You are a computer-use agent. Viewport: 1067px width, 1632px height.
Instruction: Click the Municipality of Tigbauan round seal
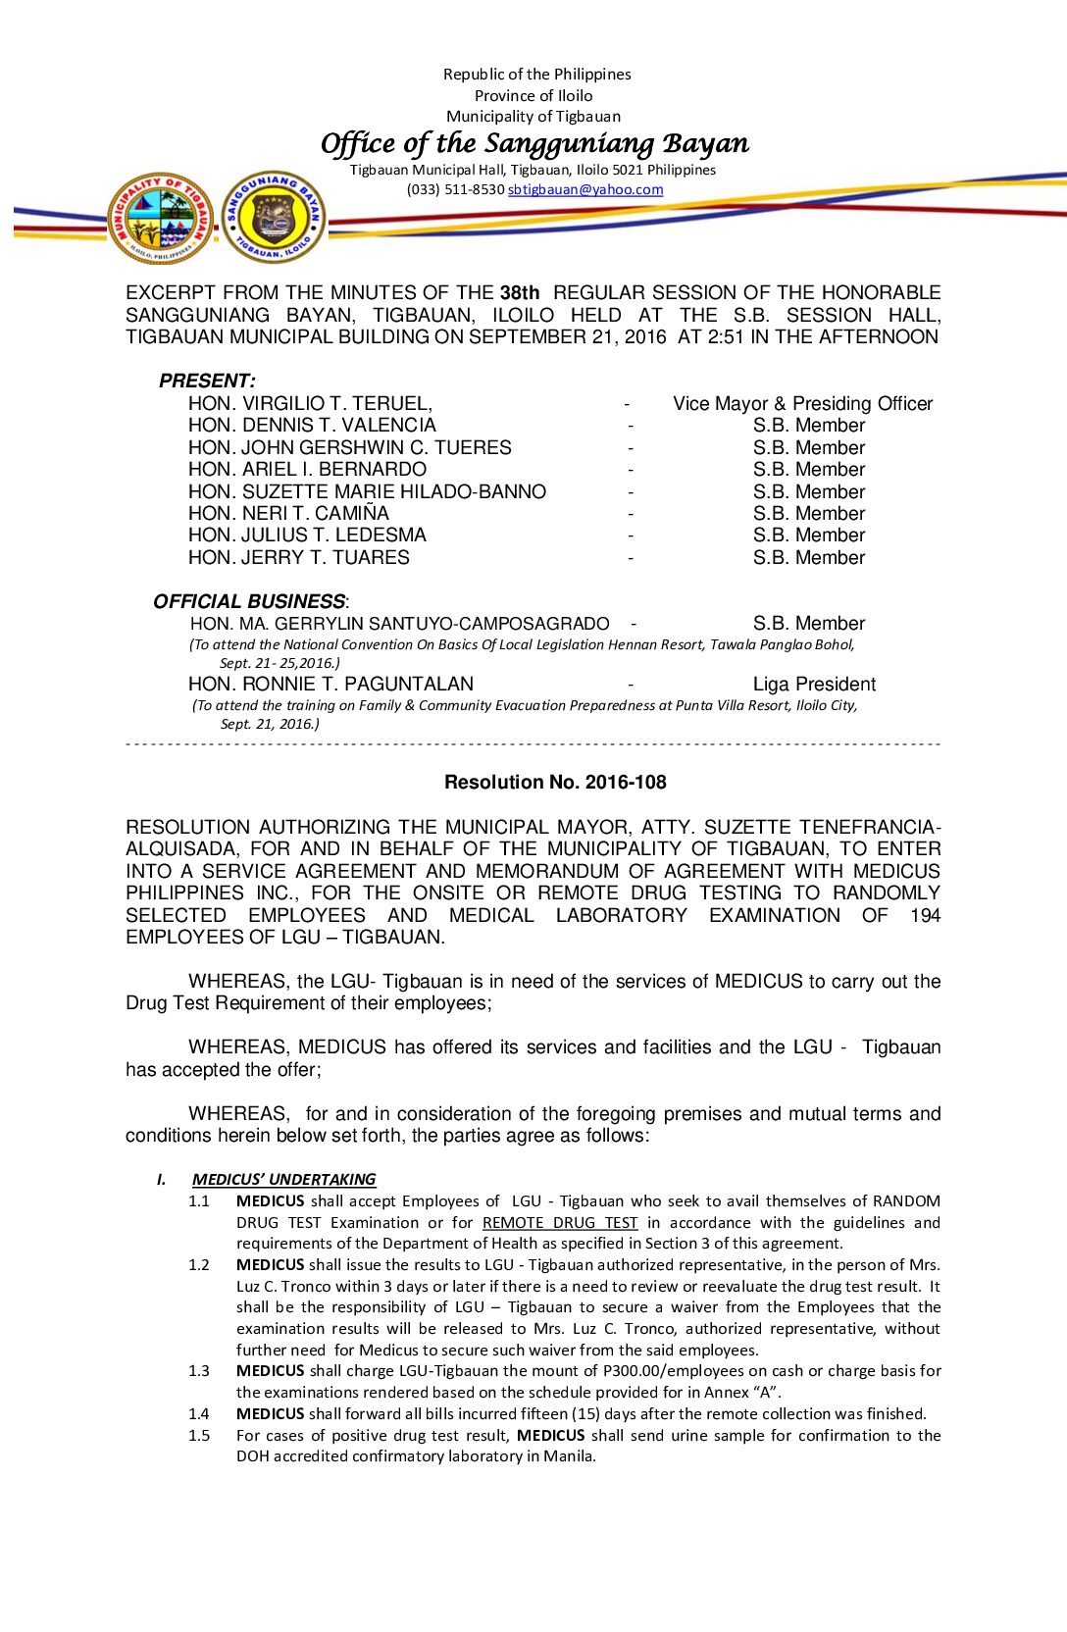point(160,218)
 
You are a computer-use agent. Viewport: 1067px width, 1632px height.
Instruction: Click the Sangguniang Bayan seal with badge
point(274,217)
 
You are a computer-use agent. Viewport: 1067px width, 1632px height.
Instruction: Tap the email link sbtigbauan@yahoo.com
point(585,189)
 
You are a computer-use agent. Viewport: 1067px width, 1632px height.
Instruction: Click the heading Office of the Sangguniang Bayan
point(534,143)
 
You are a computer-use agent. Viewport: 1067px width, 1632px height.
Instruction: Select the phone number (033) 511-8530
point(455,189)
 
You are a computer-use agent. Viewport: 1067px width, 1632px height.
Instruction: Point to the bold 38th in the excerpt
point(520,292)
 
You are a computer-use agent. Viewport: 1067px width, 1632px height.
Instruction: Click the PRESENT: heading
point(207,381)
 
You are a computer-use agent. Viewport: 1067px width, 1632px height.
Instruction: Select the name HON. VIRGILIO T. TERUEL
point(310,403)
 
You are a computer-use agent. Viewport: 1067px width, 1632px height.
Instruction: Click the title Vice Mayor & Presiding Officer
point(802,403)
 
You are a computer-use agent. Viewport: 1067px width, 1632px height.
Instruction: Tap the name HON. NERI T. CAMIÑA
point(288,513)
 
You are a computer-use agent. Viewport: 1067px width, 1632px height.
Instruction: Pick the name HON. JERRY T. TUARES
point(298,557)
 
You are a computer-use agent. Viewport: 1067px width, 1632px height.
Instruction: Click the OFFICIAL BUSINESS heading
point(249,601)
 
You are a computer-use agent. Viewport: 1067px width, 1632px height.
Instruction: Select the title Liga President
point(814,684)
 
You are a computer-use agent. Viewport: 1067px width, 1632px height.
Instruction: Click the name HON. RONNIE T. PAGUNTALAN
point(330,684)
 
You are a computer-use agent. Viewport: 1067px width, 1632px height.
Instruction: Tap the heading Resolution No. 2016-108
point(555,782)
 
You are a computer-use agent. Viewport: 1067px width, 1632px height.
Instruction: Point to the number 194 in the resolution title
point(925,915)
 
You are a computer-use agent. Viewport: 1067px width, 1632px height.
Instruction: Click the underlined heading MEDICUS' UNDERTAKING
point(283,1179)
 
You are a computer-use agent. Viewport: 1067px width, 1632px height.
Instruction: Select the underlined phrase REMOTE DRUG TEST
point(559,1222)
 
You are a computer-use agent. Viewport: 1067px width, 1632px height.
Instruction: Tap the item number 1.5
point(199,1435)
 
